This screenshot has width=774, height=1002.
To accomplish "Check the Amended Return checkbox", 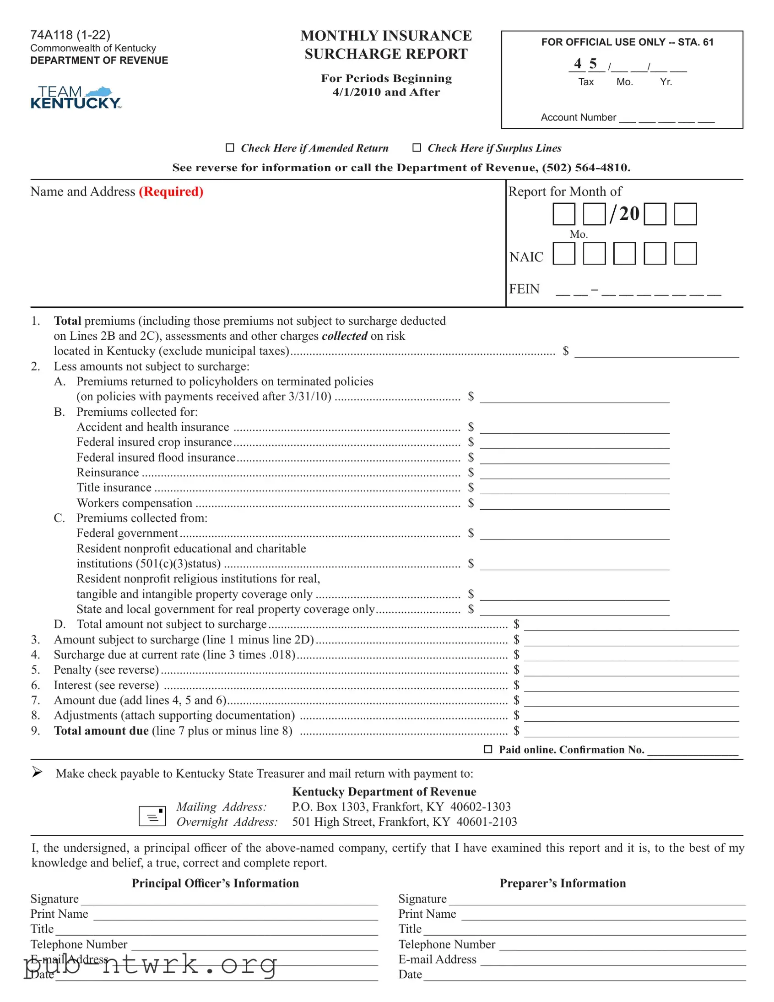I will tap(230, 148).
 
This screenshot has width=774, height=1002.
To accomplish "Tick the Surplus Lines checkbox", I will tap(417, 148).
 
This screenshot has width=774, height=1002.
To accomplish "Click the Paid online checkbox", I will tap(488, 749).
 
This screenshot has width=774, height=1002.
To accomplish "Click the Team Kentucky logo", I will tap(76, 97).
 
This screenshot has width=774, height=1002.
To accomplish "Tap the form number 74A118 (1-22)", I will tap(70, 35).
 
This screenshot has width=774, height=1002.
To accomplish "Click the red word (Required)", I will tap(171, 191).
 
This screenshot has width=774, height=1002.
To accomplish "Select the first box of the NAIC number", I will tap(563, 254).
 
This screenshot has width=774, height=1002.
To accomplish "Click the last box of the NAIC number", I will tap(685, 254).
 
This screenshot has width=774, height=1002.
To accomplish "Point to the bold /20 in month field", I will tap(624, 214).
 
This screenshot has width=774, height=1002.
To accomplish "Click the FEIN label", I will tap(524, 289).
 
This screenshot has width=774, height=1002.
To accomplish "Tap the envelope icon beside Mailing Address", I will tap(152, 816).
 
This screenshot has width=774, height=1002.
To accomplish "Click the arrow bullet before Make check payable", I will tap(37, 772).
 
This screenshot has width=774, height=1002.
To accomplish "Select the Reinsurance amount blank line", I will tap(574, 474).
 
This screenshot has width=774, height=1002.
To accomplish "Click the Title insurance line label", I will tap(114, 488).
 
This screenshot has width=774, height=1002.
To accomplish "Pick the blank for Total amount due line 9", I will tap(631, 731).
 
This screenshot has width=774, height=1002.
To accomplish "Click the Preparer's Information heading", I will tap(562, 883).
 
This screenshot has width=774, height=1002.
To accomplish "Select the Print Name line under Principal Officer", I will tap(235, 915).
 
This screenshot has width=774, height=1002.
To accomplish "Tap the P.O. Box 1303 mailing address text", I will tap(401, 806).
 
